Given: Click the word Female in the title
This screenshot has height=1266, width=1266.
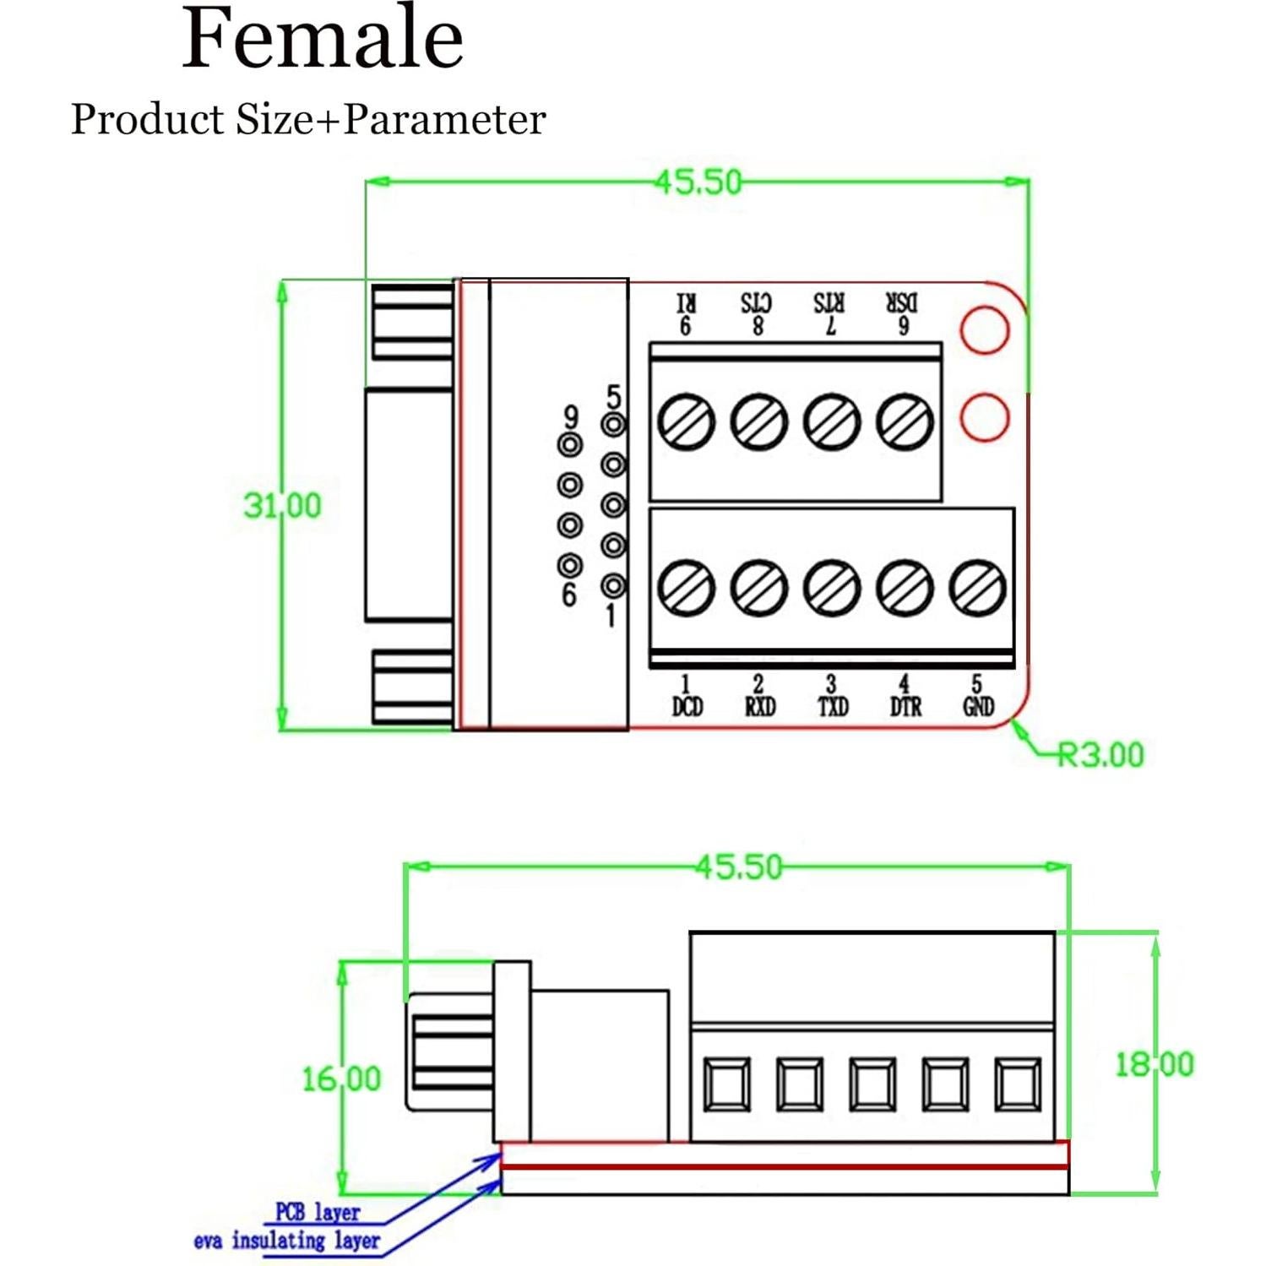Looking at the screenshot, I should pos(323,40).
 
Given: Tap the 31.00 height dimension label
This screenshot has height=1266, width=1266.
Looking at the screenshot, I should pos(283,506).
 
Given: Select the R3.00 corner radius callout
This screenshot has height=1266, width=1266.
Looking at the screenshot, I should pos(1100,754).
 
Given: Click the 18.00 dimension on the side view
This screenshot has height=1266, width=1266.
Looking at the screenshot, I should pos(1155,1064).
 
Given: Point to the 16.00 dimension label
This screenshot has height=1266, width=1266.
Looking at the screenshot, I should pos(341,1079).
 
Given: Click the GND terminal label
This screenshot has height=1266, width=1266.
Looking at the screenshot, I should pos(978,706).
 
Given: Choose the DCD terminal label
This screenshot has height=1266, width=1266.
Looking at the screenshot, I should pos(687,706).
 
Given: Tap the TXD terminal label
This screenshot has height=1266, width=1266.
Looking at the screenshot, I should pos(832,706).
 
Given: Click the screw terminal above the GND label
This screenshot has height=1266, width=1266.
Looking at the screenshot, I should pos(978,587).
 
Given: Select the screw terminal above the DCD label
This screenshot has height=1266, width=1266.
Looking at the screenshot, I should pos(686,587).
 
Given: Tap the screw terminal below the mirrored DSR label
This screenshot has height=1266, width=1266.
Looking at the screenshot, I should pos(905,421).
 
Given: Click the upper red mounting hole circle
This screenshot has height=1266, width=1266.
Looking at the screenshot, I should pos(985,329).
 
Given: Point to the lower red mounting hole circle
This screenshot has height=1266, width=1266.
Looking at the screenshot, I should pos(985,416).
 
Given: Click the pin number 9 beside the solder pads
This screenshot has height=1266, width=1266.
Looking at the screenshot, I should pos(571,416).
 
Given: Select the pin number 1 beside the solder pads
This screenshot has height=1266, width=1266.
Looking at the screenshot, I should pos(611,616).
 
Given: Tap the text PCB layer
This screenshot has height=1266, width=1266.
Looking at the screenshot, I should pos(318,1213).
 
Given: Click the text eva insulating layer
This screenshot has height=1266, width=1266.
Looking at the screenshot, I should pos(286,1241).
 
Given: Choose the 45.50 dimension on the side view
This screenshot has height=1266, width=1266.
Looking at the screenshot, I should pos(739,867).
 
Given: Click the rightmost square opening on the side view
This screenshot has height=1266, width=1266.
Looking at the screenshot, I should pos(1018,1084).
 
